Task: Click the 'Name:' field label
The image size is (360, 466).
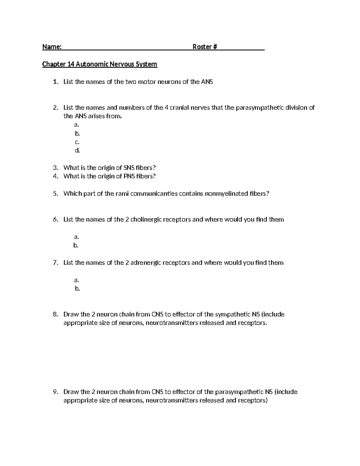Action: click(x=52, y=47)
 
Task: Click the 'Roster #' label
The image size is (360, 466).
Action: click(x=205, y=47)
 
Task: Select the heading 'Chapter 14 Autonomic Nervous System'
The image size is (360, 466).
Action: click(x=100, y=64)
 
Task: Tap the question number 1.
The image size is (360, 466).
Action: click(x=55, y=82)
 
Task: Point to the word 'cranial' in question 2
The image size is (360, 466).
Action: click(x=180, y=108)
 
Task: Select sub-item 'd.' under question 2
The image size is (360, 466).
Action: click(x=77, y=151)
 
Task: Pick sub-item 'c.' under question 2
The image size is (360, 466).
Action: click(x=77, y=142)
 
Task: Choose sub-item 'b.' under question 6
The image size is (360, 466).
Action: click(x=76, y=245)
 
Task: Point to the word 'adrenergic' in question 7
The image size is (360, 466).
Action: click(x=145, y=263)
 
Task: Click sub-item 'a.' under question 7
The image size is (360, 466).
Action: click(x=76, y=280)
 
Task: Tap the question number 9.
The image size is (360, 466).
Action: click(x=55, y=392)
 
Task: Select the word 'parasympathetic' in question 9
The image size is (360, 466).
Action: click(x=239, y=392)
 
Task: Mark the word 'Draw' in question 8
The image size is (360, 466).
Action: click(x=71, y=314)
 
